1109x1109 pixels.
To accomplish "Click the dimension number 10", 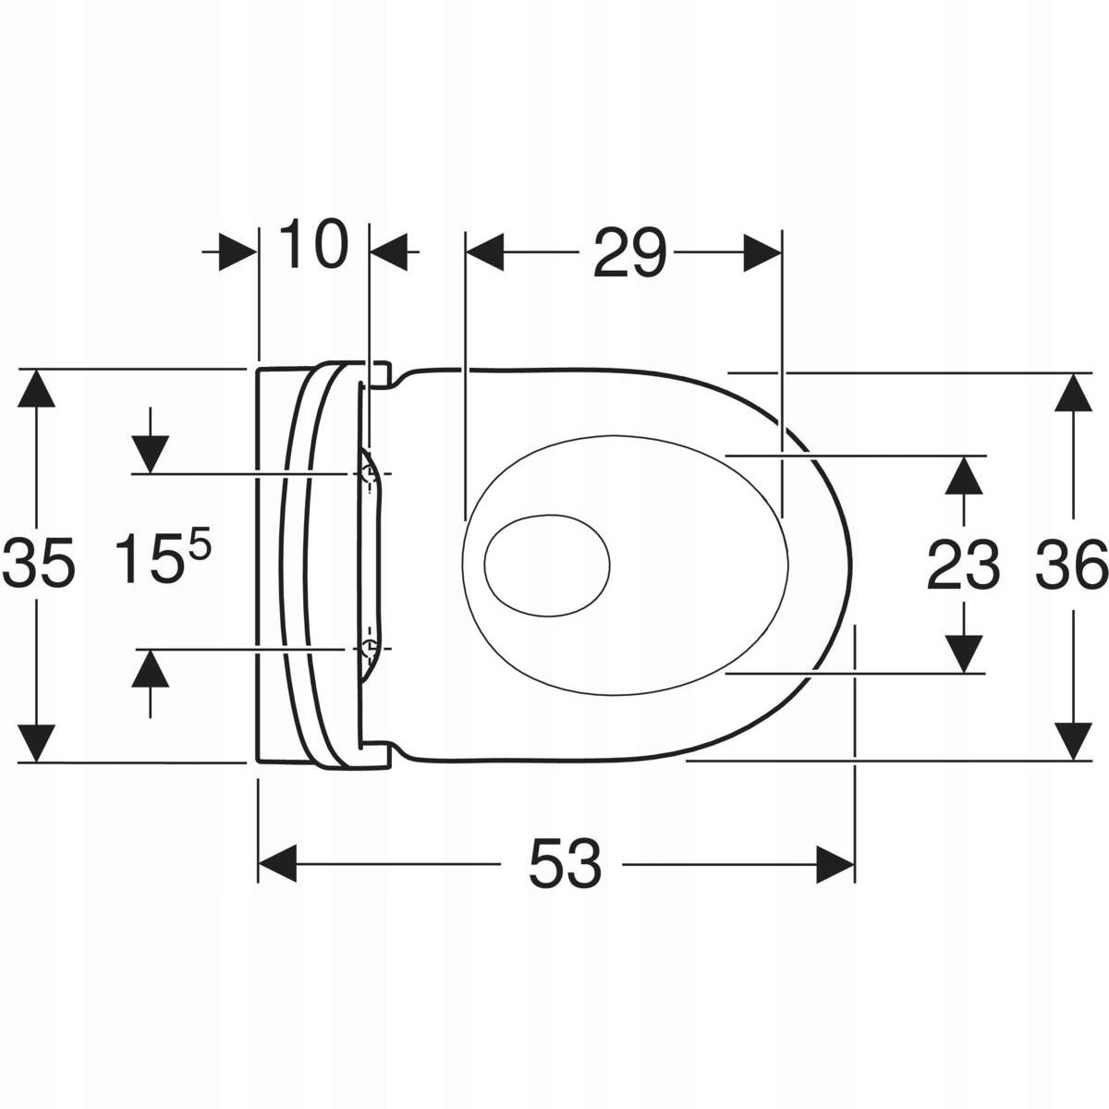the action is (x=315, y=244).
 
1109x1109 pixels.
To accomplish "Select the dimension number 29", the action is (x=629, y=252).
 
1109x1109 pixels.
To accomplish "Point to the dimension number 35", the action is (x=38, y=562).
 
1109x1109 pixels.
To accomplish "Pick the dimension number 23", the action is (x=963, y=565).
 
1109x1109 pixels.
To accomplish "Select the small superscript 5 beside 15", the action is (x=201, y=546).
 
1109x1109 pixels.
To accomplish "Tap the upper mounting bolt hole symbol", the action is (x=369, y=474).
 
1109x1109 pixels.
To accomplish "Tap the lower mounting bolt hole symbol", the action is (x=369, y=649).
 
